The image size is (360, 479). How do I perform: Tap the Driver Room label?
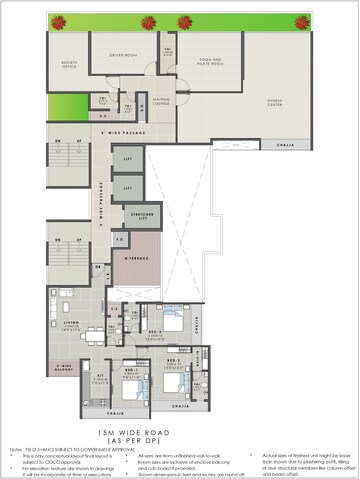[x=122, y=56]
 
